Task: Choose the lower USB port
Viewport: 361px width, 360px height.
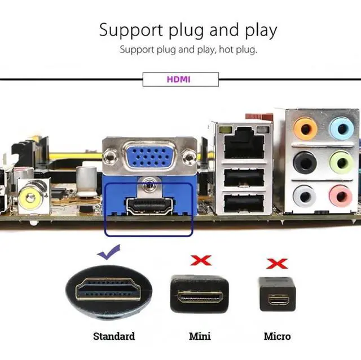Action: point(243,203)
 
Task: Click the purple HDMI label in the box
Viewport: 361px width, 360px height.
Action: point(179,79)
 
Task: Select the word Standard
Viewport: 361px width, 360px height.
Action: point(114,336)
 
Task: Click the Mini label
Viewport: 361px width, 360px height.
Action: point(200,336)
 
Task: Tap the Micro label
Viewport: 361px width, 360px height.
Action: point(278,336)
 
